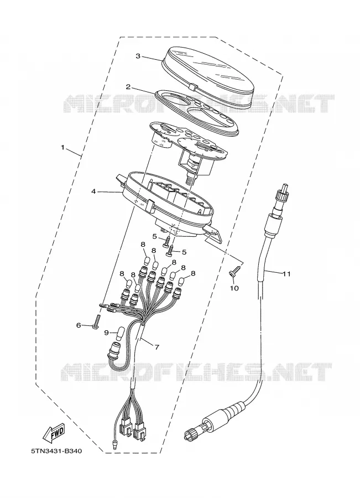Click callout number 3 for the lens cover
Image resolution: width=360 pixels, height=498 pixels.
tap(138, 56)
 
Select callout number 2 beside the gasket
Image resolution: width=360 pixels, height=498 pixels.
tap(128, 87)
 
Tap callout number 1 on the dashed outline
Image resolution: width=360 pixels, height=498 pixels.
tap(62, 147)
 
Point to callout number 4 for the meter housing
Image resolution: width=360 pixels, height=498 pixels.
tap(93, 191)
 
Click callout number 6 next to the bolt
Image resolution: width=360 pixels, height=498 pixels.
tap(79, 325)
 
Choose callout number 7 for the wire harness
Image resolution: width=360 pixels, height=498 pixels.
tap(156, 347)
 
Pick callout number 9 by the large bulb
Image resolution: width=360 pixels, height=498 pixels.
tap(107, 332)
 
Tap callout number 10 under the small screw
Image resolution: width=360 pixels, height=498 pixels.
tap(234, 288)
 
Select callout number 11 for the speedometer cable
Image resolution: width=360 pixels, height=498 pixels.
tap(286, 273)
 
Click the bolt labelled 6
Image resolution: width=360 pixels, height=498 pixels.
tap(97, 321)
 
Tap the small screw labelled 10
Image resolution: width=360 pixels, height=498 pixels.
tap(234, 272)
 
